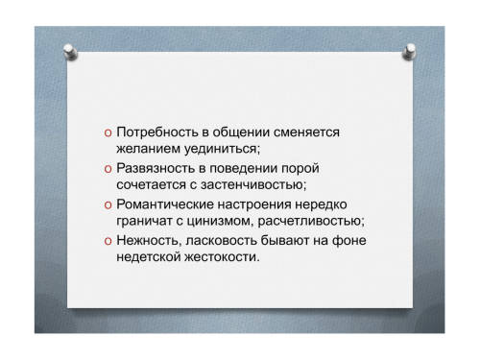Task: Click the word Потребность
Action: tap(157, 132)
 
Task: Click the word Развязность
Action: tap(156, 168)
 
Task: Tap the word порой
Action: tap(300, 169)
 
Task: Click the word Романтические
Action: tap(165, 204)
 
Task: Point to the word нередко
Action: tap(321, 204)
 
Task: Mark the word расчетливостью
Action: tap(309, 222)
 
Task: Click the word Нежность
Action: tap(147, 241)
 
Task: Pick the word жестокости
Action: tap(220, 257)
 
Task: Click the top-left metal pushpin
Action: tap(70, 52)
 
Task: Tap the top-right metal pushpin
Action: tap(409, 52)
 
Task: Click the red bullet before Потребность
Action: tap(108, 133)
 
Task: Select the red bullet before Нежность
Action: tap(108, 241)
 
